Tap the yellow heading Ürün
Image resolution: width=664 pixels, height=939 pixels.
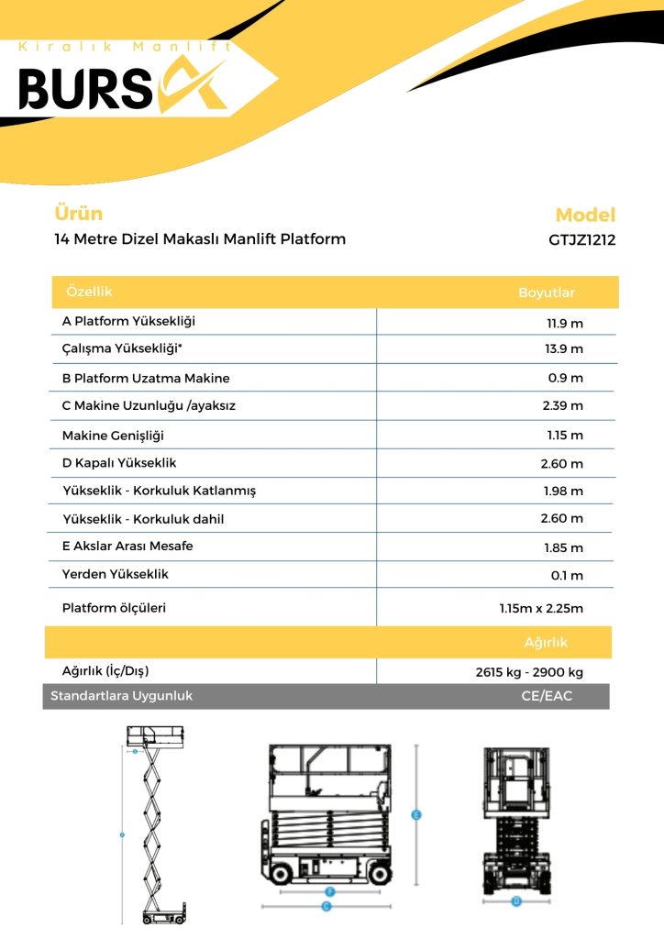coord(79,214)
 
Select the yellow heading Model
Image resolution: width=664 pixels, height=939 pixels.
coord(585,215)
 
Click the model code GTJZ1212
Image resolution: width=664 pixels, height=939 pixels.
coord(582,240)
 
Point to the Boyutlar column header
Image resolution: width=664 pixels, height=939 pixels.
coord(547,293)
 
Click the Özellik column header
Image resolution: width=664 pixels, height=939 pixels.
coord(89,292)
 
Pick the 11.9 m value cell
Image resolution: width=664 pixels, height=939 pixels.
coord(565,323)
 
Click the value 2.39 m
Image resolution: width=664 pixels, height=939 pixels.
coord(562,405)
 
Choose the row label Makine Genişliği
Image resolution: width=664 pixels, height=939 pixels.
coord(113,435)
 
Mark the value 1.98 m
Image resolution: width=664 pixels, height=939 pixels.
coord(562,492)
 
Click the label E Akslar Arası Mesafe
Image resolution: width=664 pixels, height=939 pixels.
coord(127,547)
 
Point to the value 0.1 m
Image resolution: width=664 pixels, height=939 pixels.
coord(567,576)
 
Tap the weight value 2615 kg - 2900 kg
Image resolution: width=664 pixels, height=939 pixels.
coord(529,672)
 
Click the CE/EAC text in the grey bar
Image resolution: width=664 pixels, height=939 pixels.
coord(547,696)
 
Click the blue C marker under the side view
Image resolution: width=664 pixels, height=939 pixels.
coord(326,906)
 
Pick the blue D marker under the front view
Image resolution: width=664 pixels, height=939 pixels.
coord(516,901)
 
